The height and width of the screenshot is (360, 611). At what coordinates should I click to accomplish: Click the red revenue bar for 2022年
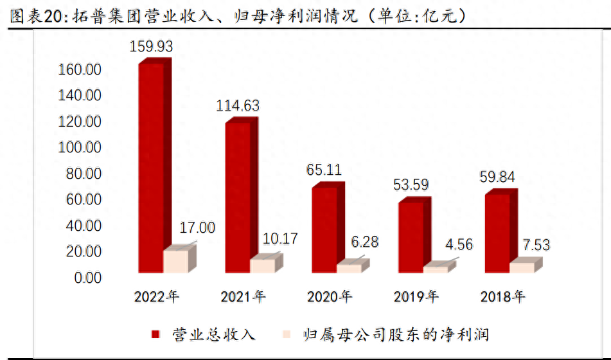tap(151, 167)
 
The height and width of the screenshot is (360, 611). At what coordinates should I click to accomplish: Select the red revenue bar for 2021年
tap(237, 196)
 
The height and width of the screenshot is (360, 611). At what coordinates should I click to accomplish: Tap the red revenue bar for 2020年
tap(324, 228)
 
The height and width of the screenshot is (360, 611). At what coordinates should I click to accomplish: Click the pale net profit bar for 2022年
tap(176, 261)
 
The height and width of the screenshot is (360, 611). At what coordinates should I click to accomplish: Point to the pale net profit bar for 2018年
tap(522, 267)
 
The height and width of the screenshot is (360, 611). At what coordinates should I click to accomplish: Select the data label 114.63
tap(238, 106)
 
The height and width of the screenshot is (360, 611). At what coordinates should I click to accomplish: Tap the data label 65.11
tap(324, 170)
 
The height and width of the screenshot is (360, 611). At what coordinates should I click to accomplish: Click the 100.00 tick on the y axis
tap(80, 148)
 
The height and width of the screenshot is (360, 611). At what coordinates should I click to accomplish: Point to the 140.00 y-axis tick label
tap(80, 96)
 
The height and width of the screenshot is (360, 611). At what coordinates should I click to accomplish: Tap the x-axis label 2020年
tap(330, 297)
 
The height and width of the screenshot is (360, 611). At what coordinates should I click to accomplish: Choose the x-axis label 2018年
tap(503, 297)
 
